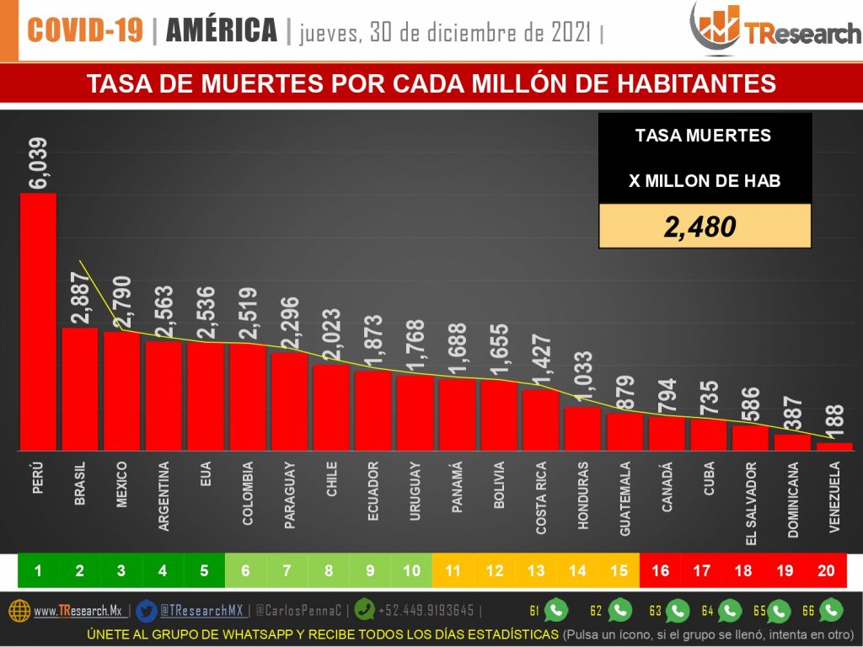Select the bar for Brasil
(x=80, y=388)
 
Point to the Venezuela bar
(x=834, y=446)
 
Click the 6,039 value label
(x=39, y=165)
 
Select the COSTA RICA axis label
(x=540, y=498)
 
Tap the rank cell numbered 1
(x=38, y=571)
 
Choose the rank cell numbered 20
(x=826, y=571)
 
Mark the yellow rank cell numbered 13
(x=536, y=571)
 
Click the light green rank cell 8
(x=329, y=571)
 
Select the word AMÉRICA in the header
(x=222, y=31)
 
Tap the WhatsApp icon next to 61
(x=557, y=609)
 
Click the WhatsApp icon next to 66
(x=832, y=609)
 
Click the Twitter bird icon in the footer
(x=146, y=610)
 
